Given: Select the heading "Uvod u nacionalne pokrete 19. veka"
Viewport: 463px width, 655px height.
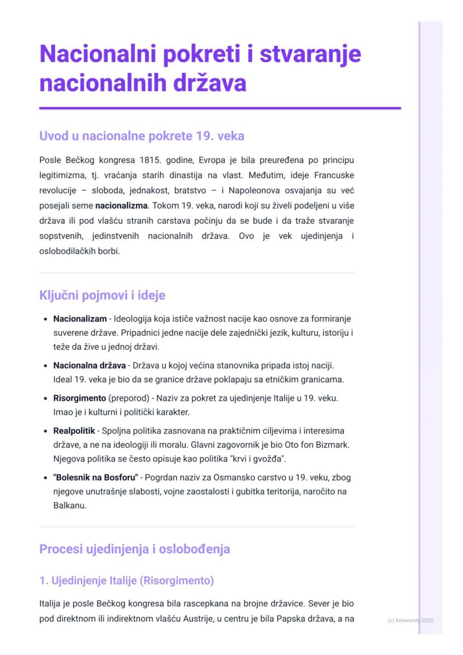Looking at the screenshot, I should pyautogui.click(x=141, y=136).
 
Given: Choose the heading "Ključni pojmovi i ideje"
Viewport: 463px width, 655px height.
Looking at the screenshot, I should pyautogui.click(x=102, y=295).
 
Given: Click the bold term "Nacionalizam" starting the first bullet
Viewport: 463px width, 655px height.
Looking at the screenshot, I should pyautogui.click(x=80, y=319).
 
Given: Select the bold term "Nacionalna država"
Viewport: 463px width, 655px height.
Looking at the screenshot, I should pyautogui.click(x=89, y=366).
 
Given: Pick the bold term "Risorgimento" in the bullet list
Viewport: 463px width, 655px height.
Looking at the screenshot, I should pyautogui.click(x=79, y=398).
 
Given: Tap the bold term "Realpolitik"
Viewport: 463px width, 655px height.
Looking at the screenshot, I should pyautogui.click(x=74, y=431).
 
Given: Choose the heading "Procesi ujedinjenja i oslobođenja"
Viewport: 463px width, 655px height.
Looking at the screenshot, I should pyautogui.click(x=134, y=549).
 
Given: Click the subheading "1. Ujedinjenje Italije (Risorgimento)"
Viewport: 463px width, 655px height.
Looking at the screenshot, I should pyautogui.click(x=126, y=581).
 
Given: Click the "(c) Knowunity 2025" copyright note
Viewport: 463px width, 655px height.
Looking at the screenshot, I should pyautogui.click(x=410, y=620).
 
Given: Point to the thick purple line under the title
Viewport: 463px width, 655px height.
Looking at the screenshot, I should pyautogui.click(x=220, y=108).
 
